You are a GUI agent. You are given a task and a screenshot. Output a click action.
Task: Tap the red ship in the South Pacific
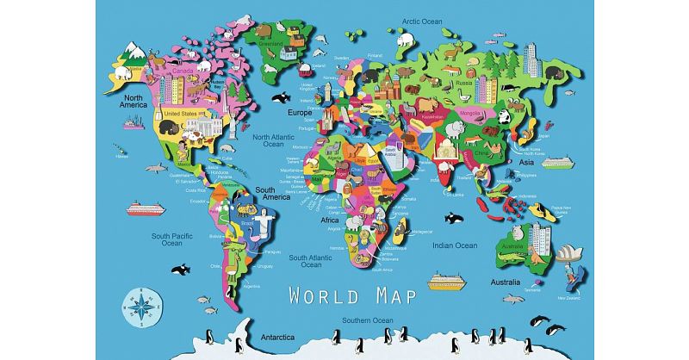click(x=144, y=208)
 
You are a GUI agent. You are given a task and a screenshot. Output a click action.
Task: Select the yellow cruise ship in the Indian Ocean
click(x=447, y=281)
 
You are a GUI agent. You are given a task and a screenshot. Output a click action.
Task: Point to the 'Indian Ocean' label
click(x=454, y=245)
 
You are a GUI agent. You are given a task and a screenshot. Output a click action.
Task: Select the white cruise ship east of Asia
click(x=556, y=161)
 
